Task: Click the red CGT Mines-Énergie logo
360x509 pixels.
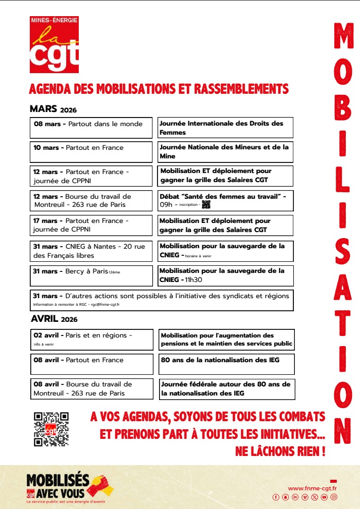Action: tap(54, 44)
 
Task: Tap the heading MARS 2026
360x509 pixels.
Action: tap(53, 109)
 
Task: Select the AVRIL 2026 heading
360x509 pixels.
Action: tap(54, 319)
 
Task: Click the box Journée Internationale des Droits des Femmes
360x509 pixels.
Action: tap(225, 128)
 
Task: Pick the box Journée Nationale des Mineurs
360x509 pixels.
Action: tap(225, 152)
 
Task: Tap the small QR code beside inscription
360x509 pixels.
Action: tap(205, 204)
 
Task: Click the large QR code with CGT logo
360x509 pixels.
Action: tap(51, 429)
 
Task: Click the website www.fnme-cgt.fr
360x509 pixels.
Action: tap(313, 488)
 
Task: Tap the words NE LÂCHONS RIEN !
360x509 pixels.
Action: tap(280, 451)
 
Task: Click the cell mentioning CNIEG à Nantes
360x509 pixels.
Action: tap(91, 251)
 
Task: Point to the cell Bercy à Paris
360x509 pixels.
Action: tap(91, 275)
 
